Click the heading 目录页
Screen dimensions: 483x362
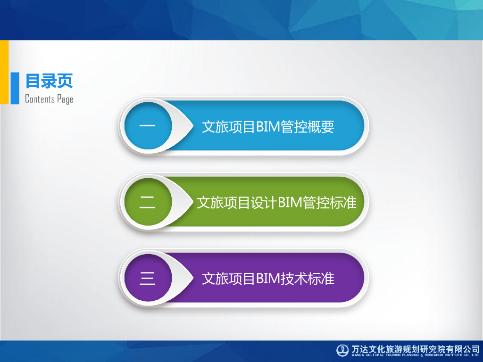tap(49, 81)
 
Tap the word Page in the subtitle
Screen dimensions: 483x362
tap(65, 99)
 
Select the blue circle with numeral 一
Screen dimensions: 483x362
tap(148, 125)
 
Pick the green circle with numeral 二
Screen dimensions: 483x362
tap(148, 202)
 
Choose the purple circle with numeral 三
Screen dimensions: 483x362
tap(148, 278)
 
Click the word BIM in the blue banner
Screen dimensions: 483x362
tap(268, 126)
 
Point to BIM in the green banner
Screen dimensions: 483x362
tap(290, 203)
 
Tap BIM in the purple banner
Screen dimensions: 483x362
tap(268, 279)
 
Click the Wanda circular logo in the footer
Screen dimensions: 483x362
tap(342, 350)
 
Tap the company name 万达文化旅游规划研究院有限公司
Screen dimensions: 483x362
tap(415, 349)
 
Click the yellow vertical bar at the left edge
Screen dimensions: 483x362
tap(4, 72)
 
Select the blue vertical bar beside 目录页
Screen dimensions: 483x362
tap(15, 88)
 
